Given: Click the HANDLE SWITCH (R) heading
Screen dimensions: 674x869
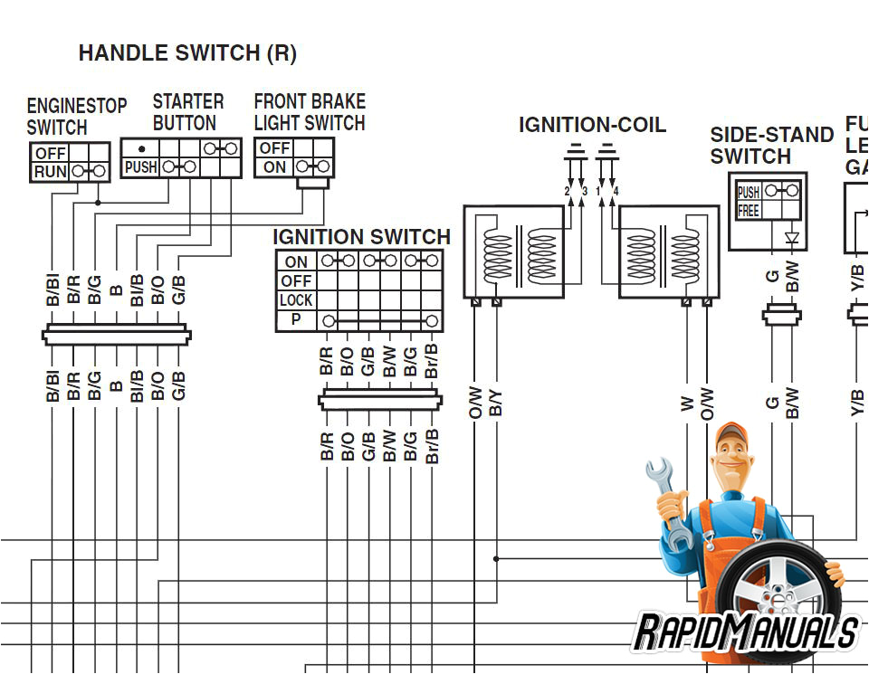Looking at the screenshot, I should coord(187,53).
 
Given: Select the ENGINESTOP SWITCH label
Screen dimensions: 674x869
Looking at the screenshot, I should coord(76,117).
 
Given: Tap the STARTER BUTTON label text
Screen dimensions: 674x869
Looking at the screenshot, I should coord(187,112).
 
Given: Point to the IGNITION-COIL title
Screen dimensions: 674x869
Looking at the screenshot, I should coord(592,125).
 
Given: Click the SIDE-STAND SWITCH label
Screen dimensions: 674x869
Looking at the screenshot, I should coord(771,146).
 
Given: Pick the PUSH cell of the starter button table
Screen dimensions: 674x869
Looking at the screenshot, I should coord(140,167).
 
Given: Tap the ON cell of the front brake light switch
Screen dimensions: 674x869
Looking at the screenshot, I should coord(274,167).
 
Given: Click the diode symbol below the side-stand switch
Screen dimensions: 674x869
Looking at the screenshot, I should coord(793,240).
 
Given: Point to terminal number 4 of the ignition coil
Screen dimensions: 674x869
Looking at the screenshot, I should coord(616,192).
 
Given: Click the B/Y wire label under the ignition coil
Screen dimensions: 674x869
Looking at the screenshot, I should coord(496,403).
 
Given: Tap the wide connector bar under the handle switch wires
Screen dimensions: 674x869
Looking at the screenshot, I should coord(116,336).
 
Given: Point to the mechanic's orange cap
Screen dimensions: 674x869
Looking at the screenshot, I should coord(731,437).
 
